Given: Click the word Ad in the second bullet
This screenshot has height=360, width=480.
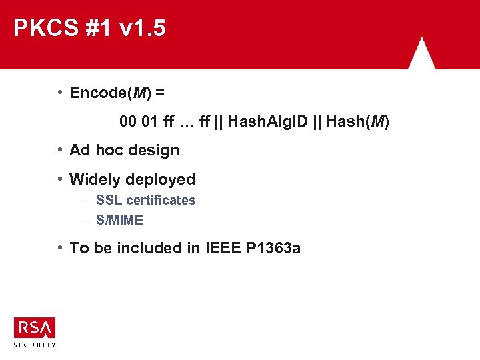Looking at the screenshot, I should click(80, 150).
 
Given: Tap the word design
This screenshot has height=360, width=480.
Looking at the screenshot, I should click(153, 150).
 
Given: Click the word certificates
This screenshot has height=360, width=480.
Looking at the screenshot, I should click(161, 200).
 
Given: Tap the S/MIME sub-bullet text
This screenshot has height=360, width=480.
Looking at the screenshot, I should click(119, 220).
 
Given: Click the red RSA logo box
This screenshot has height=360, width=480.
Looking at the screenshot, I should click(35, 327).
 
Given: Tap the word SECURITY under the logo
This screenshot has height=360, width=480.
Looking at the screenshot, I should click(35, 345).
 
